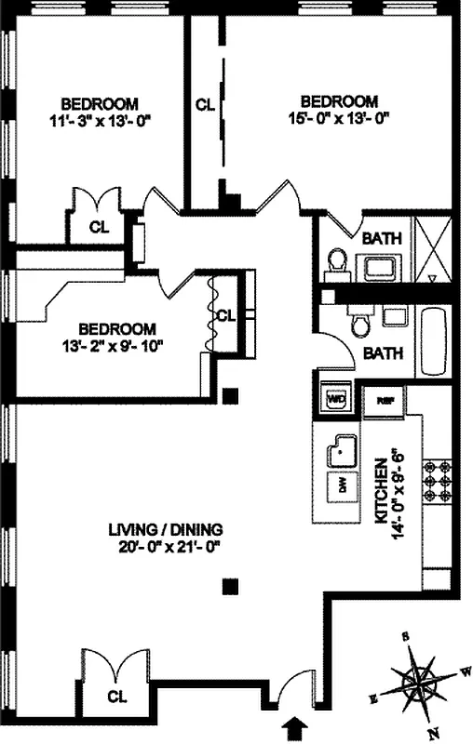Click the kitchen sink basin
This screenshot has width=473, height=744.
pyautogui.click(x=344, y=452)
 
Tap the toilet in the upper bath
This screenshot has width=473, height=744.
pyautogui.click(x=337, y=262)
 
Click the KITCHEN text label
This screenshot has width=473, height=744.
pyautogui.click(x=380, y=491)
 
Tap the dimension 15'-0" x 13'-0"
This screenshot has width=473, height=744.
pyautogui.click(x=339, y=118)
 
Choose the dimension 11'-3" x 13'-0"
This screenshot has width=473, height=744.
pyautogui.click(x=101, y=119)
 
